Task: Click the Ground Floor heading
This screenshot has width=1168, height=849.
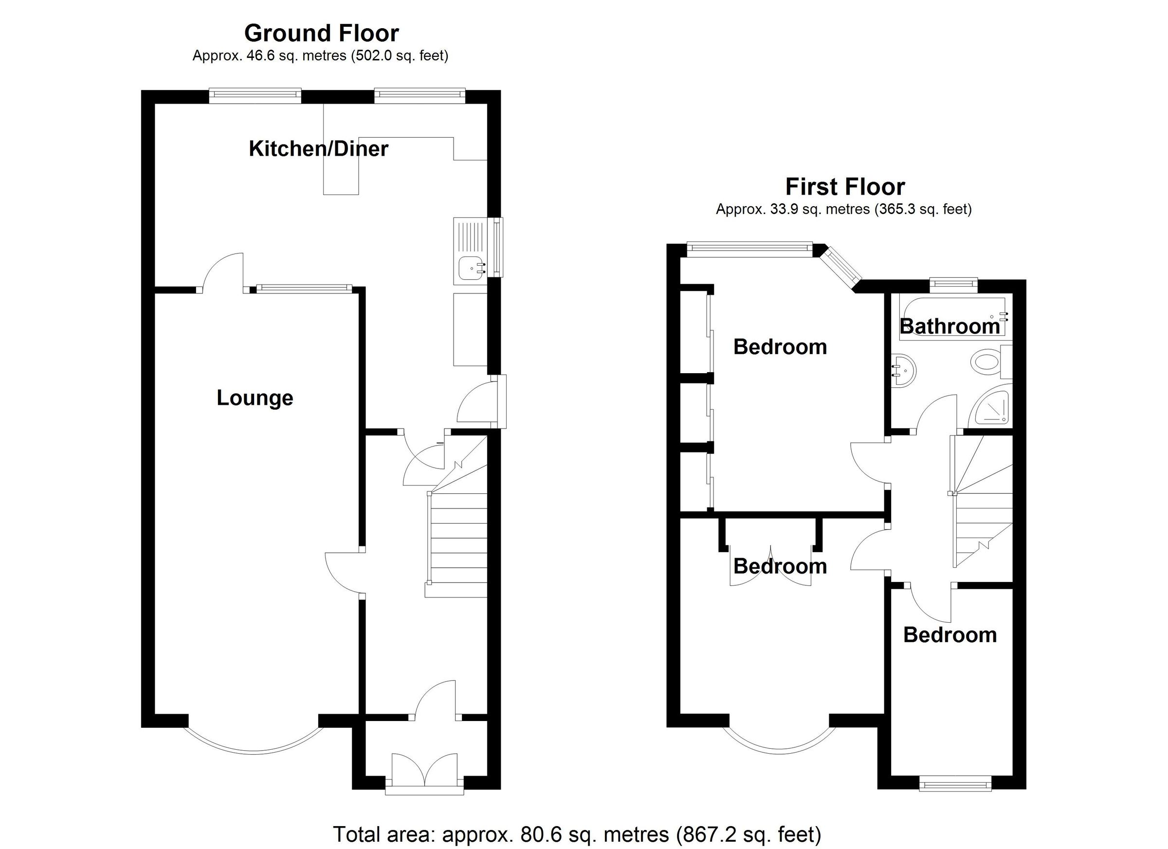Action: [321, 34]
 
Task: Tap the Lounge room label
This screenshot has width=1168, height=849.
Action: [255, 398]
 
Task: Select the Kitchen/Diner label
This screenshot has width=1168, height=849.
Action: [318, 149]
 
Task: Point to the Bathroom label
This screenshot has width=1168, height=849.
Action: [949, 326]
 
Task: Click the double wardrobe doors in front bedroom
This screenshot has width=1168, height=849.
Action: [770, 567]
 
